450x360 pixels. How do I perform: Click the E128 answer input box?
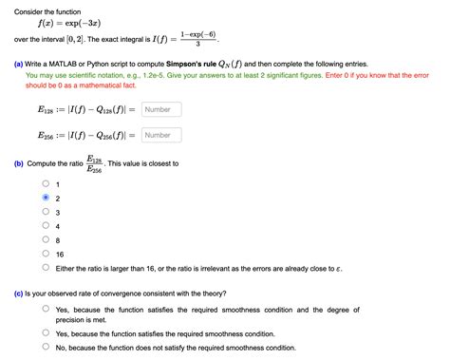[161, 109]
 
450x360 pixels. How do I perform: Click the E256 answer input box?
[161, 135]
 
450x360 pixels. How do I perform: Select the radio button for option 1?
[45, 183]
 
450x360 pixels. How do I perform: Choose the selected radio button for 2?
[45, 198]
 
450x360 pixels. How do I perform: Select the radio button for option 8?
[45, 240]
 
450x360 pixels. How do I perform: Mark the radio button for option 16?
[45, 255]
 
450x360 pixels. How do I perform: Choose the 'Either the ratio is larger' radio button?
[45, 269]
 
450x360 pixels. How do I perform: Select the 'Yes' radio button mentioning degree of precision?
[45, 310]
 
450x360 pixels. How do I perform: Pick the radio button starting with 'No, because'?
[45, 348]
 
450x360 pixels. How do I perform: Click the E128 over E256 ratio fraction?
[94, 163]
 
